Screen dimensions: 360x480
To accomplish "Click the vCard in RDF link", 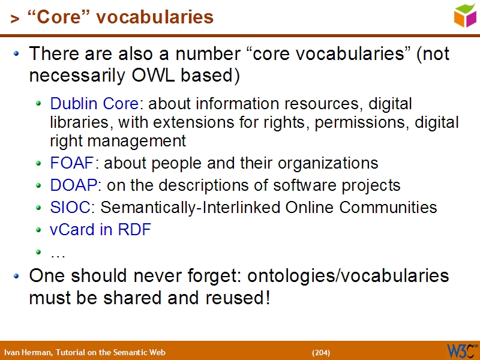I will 100,230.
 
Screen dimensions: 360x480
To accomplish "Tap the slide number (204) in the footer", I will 321,352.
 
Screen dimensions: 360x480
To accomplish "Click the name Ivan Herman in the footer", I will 28,352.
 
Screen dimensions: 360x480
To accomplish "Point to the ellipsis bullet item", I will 58,253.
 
